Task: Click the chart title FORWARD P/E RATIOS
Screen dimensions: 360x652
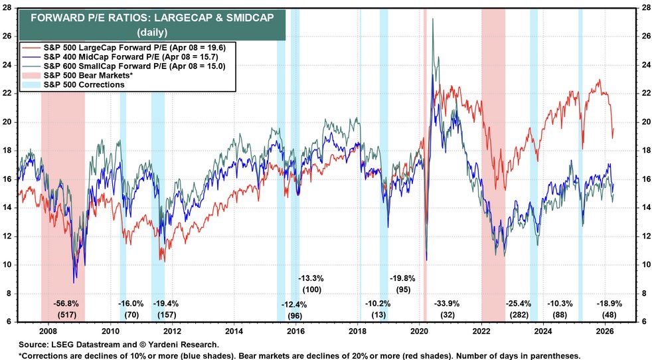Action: pyautogui.click(x=153, y=17)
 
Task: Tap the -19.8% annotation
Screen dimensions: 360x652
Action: pyautogui.click(x=403, y=278)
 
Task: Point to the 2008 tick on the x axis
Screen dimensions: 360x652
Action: pyautogui.click(x=48, y=330)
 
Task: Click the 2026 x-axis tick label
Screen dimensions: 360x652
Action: pyautogui.click(x=604, y=330)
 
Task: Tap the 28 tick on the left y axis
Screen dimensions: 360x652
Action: pyautogui.click(x=9, y=8)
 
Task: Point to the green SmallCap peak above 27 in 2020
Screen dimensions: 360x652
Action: pyautogui.click(x=433, y=19)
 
